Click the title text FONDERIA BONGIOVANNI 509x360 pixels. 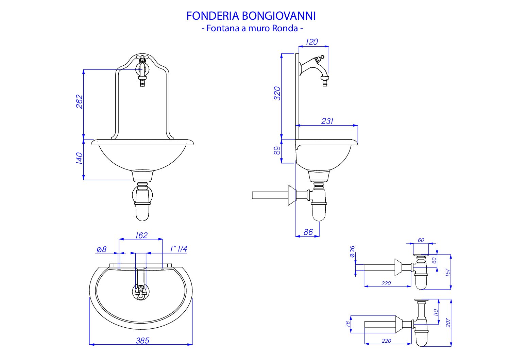251,16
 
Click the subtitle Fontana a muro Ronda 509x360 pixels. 252,28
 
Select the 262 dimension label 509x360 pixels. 79,102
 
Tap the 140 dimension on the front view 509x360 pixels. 79,158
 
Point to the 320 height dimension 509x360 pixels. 277,93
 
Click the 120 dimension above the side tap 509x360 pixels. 312,42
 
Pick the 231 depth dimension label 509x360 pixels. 327,121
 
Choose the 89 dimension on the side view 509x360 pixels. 277,150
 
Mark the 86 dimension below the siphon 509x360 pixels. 308,232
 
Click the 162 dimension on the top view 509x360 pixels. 141,235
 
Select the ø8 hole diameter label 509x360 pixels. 101,249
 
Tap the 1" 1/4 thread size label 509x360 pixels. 179,249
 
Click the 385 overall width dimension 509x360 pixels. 142,341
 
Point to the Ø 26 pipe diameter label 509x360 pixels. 352,251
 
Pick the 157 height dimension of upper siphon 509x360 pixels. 448,273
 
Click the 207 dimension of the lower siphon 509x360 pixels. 448,323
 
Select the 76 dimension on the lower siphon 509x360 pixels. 347,324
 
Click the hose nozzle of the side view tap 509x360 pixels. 325,82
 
